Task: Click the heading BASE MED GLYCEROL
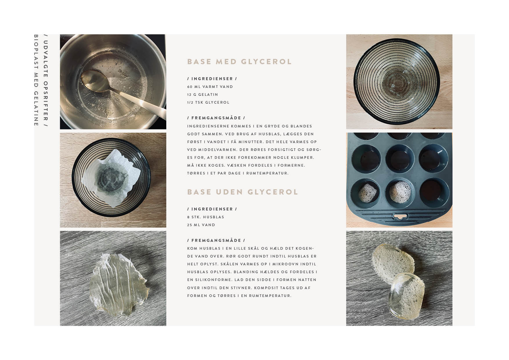239,62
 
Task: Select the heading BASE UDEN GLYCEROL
243,192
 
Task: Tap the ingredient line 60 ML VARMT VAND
210,87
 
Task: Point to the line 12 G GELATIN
203,95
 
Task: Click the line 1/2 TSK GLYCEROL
208,102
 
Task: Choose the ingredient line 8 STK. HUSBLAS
206,217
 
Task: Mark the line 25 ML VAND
201,225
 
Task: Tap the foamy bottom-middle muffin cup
400,191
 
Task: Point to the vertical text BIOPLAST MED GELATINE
36,80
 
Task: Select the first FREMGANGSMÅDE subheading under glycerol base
216,118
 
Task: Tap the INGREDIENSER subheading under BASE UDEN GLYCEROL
212,209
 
